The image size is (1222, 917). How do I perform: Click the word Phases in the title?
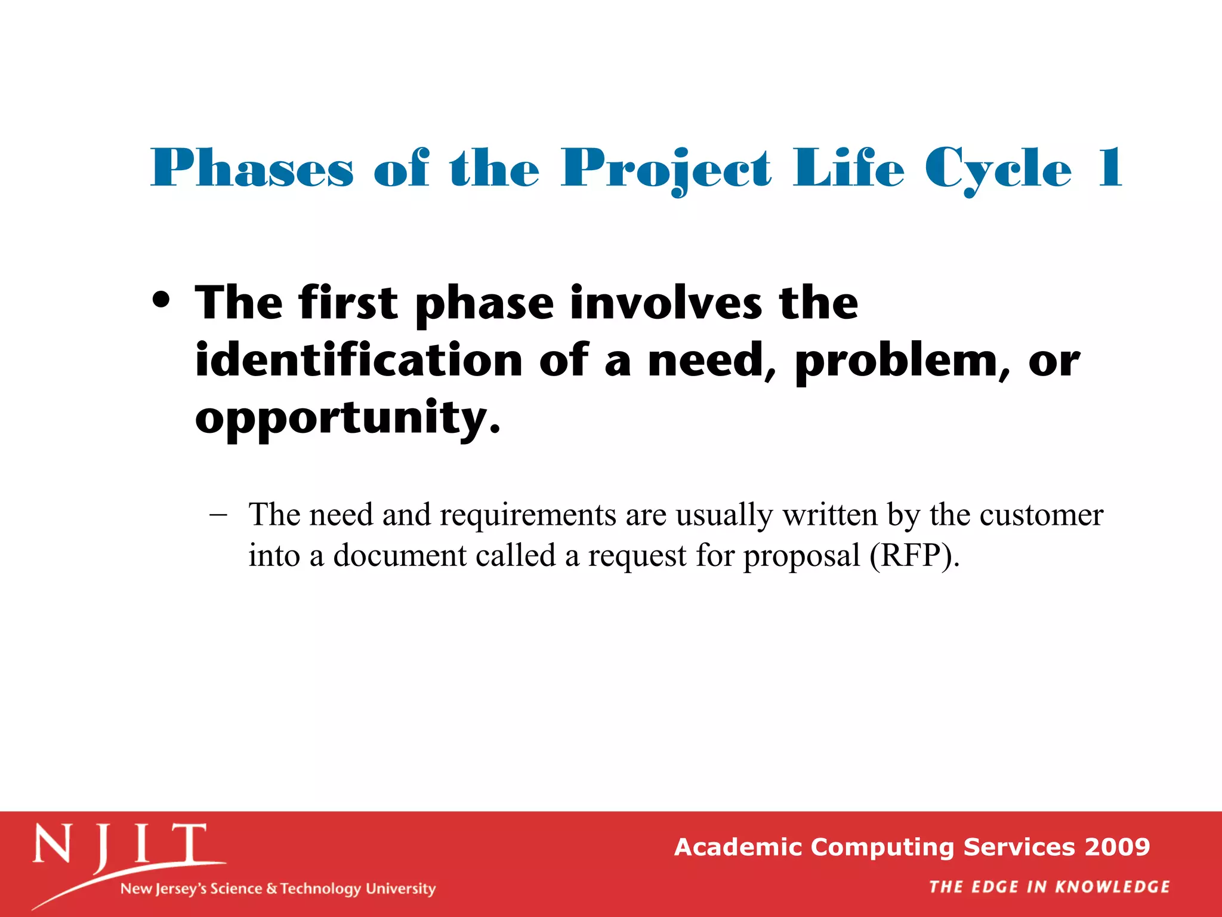[x=252, y=169]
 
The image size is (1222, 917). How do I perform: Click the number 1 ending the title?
[x=1109, y=169]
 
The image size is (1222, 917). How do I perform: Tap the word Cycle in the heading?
[x=998, y=169]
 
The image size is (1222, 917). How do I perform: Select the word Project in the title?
[x=666, y=169]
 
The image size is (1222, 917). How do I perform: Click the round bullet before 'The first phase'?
[x=161, y=300]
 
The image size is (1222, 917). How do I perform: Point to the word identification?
[x=359, y=361]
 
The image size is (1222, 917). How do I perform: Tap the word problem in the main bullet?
[x=897, y=362]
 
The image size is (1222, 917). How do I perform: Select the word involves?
[x=666, y=303]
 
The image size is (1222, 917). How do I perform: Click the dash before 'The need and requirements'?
[x=218, y=514]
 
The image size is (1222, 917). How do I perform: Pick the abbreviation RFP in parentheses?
[x=914, y=555]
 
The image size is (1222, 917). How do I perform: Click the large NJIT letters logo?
[x=120, y=845]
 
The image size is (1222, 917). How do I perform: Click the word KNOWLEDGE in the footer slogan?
[x=1112, y=887]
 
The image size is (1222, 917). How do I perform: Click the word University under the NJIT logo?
[x=400, y=889]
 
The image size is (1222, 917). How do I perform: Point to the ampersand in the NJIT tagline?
[x=271, y=889]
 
